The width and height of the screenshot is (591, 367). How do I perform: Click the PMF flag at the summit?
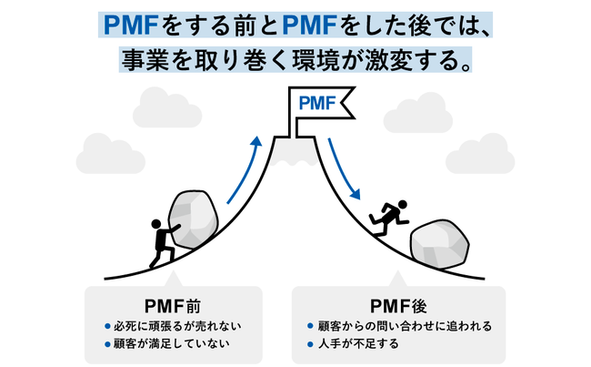321,103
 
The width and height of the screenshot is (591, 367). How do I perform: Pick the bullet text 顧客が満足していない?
173,344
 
